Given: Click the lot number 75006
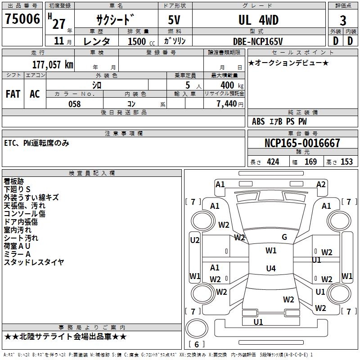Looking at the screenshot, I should [x=22, y=20].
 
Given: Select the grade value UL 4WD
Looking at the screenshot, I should [x=258, y=20].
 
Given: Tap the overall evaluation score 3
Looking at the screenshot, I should [x=343, y=21].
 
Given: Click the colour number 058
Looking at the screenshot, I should [x=74, y=103].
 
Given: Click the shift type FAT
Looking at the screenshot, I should [x=13, y=94].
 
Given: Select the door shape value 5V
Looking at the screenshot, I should [x=175, y=20].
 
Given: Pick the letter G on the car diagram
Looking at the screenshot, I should [x=284, y=237].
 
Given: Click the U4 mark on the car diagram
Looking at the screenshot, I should [x=270, y=269].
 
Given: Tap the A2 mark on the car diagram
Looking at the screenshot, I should [x=321, y=184].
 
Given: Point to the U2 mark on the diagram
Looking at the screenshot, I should [x=194, y=240].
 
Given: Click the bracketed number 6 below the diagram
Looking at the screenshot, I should [x=196, y=344].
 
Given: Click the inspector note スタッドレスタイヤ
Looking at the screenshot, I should [x=34, y=262].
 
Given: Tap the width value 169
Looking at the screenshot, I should [x=310, y=162].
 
